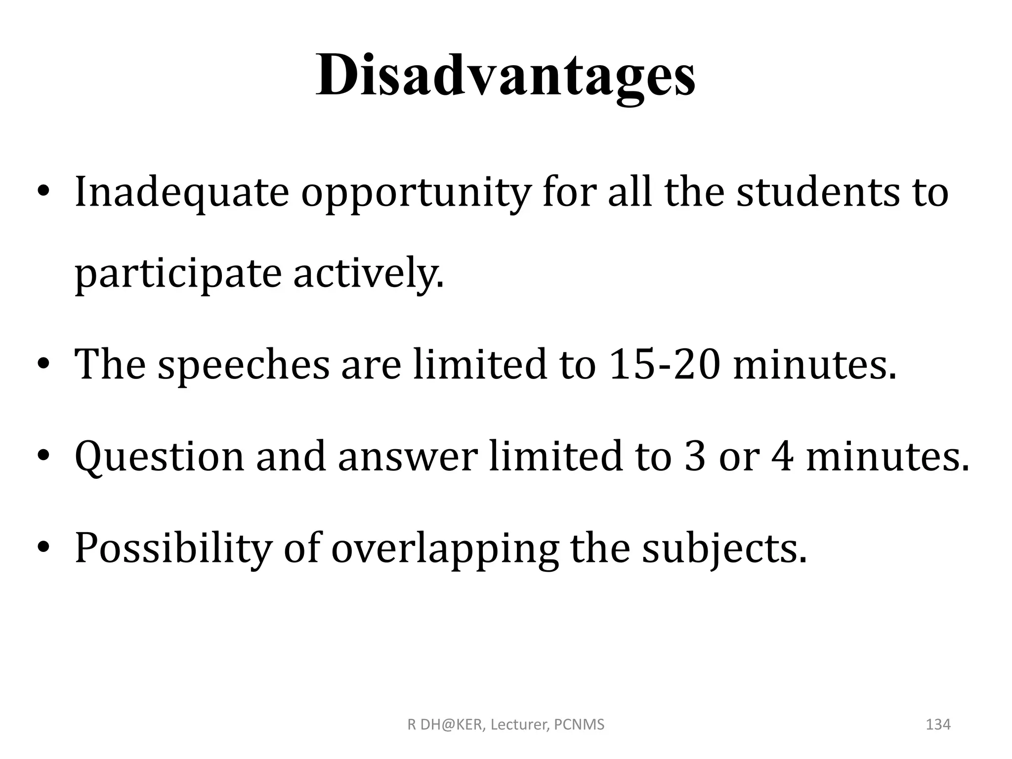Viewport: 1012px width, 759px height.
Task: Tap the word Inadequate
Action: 181,192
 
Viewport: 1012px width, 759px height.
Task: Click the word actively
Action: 368,275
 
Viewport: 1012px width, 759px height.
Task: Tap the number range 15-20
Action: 665,365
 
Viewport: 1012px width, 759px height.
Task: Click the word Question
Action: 159,457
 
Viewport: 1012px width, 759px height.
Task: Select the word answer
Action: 408,457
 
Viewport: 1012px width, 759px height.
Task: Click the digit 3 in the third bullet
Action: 695,457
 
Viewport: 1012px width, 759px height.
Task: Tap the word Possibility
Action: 173,548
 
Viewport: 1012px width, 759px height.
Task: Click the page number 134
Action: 938,724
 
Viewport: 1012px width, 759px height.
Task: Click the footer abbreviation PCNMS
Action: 579,725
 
